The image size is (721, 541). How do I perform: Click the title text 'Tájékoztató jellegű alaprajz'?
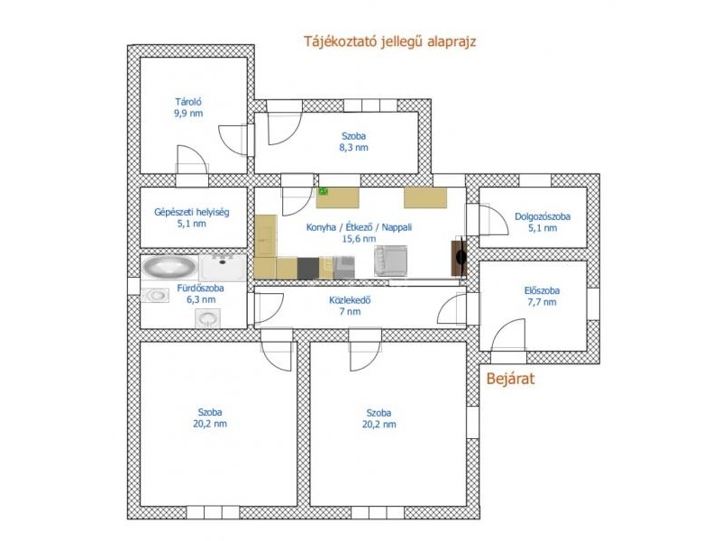pos(389,41)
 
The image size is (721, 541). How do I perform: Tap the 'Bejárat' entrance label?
pos(510,379)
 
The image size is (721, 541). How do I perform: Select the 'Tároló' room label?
pos(188,102)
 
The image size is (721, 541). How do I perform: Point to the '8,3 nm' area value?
pos(353,148)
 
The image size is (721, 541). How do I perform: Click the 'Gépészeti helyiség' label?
pos(191,213)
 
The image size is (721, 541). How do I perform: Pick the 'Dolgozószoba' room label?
pos(543,216)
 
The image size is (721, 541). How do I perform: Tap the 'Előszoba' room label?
pos(542,290)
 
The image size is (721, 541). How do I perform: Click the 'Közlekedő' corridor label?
pos(350,300)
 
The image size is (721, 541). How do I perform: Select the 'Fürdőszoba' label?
pos(200,289)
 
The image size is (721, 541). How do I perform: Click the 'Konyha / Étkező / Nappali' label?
pos(359,227)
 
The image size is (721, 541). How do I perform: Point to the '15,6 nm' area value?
pos(359,239)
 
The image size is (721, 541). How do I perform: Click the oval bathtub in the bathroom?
pos(169,267)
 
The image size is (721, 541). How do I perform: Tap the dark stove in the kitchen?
pos(308,268)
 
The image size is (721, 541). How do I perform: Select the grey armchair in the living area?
pos(390,261)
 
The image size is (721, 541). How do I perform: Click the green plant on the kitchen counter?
pos(324,191)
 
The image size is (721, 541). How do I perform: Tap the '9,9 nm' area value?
pos(188,114)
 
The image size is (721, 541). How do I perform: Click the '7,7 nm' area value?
pos(542,302)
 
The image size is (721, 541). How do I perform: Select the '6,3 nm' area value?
pos(200,300)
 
